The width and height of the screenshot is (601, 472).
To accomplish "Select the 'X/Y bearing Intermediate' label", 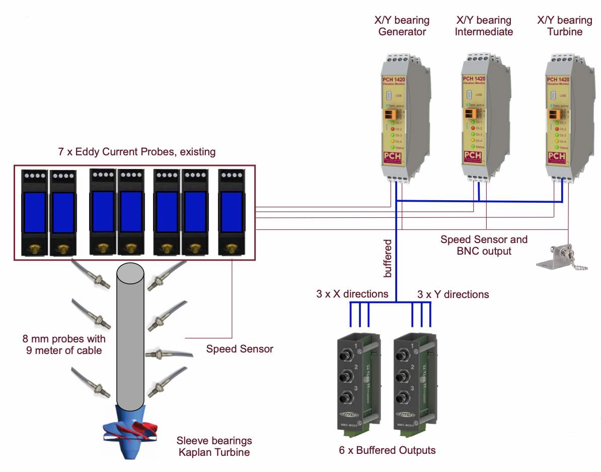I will (x=483, y=26).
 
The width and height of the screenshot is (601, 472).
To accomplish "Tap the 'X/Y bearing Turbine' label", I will (x=564, y=26).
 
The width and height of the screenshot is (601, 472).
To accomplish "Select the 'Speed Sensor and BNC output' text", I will (x=484, y=245).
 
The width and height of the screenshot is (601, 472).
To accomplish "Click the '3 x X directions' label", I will (x=352, y=294).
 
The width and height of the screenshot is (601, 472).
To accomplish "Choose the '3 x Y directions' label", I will (x=453, y=294).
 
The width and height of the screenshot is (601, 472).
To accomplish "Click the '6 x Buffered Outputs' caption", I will (x=387, y=450).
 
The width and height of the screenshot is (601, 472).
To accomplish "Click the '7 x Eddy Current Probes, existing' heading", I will (x=137, y=152).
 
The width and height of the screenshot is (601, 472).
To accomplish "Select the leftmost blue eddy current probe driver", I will (x=35, y=212).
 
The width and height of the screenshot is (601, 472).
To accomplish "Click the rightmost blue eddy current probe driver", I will (x=232, y=212).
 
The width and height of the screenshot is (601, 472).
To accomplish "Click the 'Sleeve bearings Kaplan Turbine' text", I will (x=214, y=446).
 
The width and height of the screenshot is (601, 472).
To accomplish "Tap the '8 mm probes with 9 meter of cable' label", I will (x=64, y=344).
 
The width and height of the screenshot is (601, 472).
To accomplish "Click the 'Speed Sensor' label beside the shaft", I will (x=240, y=349).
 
